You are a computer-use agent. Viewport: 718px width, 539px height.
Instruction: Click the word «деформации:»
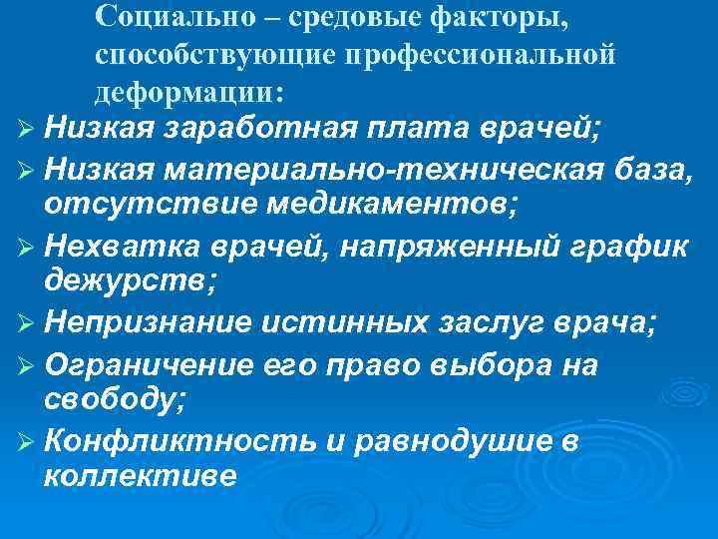(189, 92)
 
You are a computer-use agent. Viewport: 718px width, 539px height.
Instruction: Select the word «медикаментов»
(371, 205)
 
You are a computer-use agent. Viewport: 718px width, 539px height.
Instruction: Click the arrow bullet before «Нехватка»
(26, 246)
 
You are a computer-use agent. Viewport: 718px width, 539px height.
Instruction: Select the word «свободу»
(109, 401)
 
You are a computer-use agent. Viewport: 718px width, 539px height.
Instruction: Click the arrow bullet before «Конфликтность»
(26, 441)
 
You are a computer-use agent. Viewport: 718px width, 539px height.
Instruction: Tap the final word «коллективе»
(141, 476)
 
